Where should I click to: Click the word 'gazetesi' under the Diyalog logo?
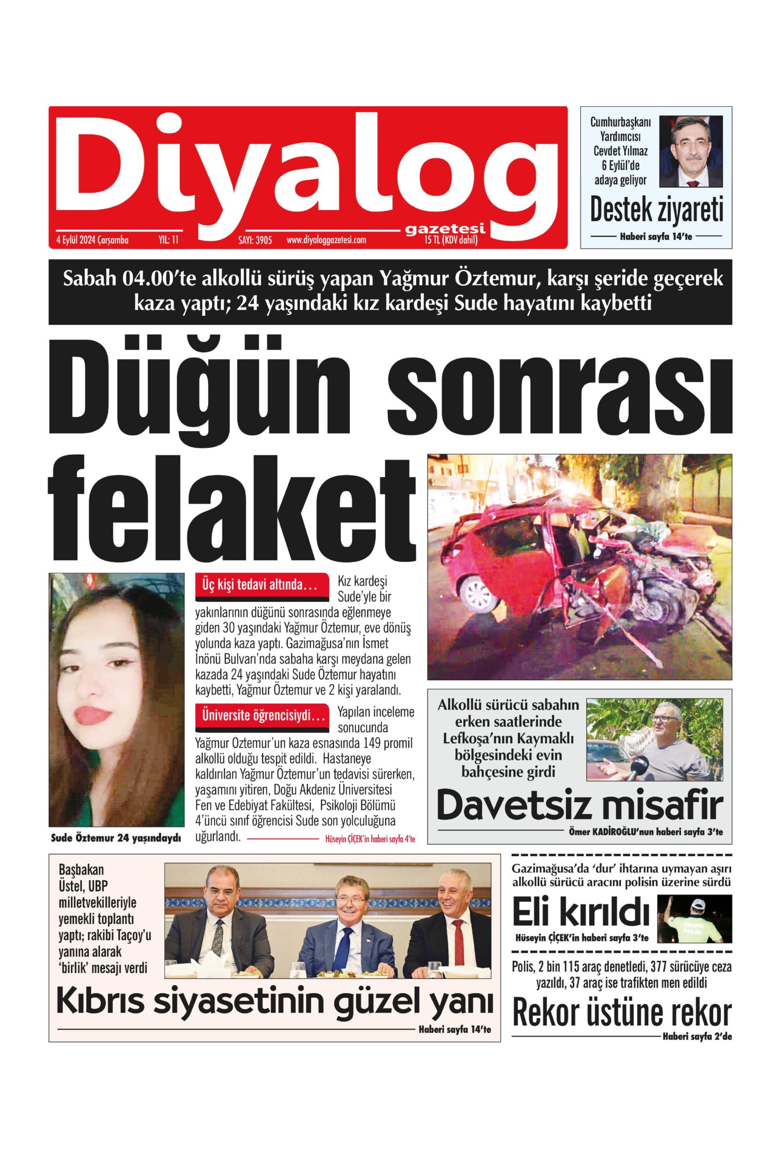pos(444,230)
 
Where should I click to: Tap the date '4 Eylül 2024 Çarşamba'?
pos(93,241)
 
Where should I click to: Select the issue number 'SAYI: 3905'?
pos(255,241)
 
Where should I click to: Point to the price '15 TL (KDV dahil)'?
pos(451,241)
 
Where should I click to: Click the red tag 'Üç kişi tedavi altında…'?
pos(263,585)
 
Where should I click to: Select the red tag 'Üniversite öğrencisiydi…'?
pos(263,716)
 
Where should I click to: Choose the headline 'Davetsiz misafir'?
pos(580,805)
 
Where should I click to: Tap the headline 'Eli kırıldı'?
pos(580,913)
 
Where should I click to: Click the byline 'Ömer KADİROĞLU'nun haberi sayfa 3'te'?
pos(645,832)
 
